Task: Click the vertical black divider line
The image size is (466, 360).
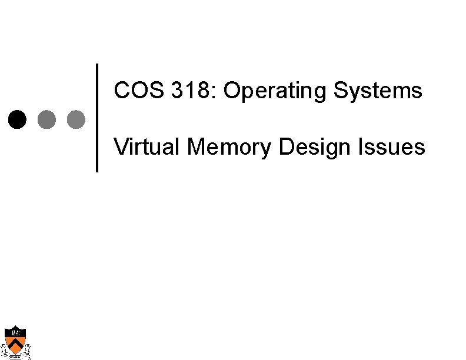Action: [97, 118]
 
